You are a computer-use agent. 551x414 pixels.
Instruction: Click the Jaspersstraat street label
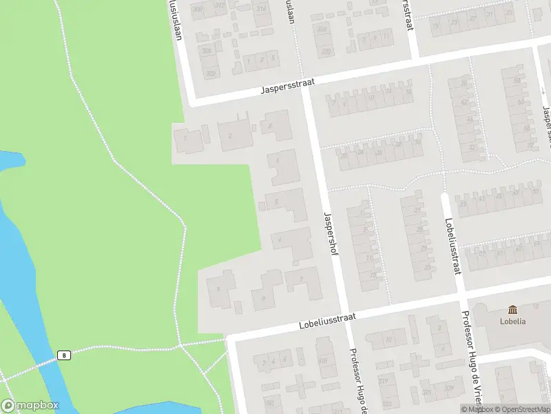pyautogui.click(x=288, y=86)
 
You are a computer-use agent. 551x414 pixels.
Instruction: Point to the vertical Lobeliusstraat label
pyautogui.click(x=453, y=244)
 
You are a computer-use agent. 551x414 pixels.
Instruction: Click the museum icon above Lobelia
pyautogui.click(x=512, y=310)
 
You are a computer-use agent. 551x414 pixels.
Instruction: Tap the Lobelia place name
pyautogui.click(x=512, y=322)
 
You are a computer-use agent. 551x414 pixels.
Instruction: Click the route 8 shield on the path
pyautogui.click(x=63, y=355)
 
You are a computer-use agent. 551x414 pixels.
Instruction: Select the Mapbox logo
pyautogui.click(x=30, y=406)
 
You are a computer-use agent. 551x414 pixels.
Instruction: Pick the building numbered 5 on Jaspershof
pyautogui.click(x=277, y=202)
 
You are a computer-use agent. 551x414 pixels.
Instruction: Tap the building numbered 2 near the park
pyautogui.click(x=230, y=137)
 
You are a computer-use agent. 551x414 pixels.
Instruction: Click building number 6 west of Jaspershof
pyautogui.click(x=280, y=240)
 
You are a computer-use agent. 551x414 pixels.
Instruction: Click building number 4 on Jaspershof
pyautogui.click(x=278, y=161)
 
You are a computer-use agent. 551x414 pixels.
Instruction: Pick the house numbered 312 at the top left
pyautogui.click(x=219, y=6)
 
